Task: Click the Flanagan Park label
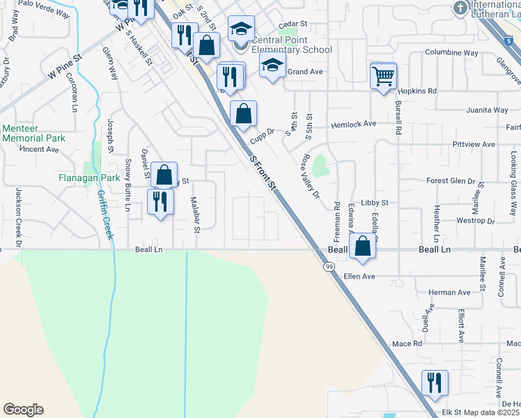[x=86, y=178]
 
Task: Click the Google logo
[x=23, y=410]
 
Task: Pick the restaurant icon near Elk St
[x=434, y=382]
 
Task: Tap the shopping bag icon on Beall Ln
[x=362, y=247]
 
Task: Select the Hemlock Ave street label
[x=353, y=123]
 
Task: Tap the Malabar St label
[x=197, y=214]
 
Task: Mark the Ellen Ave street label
[x=359, y=277]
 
